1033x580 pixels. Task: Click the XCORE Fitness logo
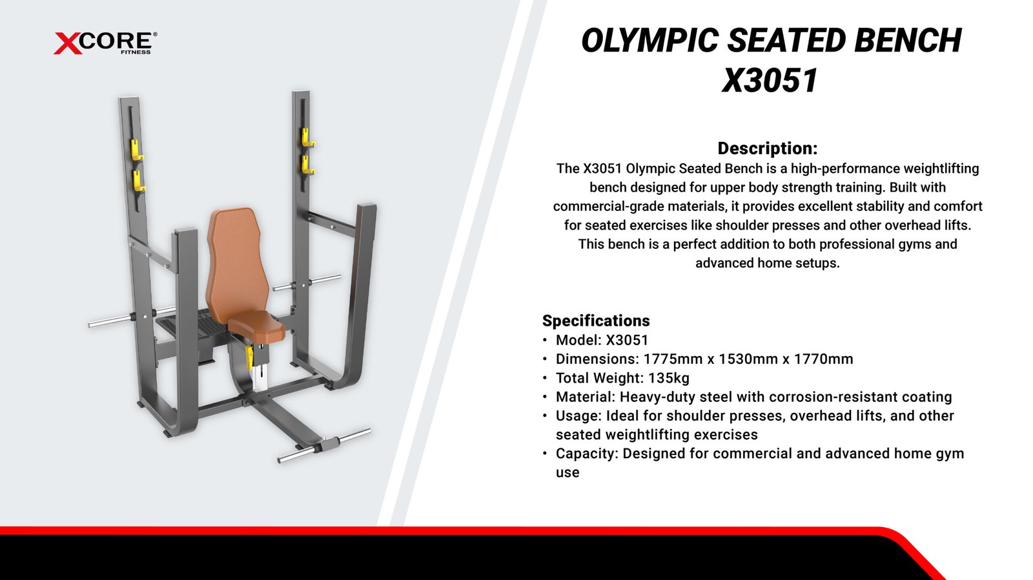click(x=105, y=43)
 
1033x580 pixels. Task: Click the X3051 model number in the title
click(x=770, y=81)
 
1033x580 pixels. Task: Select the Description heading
click(x=768, y=148)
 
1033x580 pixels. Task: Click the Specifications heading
click(x=596, y=321)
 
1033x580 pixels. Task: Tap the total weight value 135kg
click(x=669, y=378)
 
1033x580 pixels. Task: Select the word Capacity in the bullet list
click(x=587, y=454)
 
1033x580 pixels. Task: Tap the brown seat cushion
click(x=256, y=326)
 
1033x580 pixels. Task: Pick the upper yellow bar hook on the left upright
click(x=137, y=150)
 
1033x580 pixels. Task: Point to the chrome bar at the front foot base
click(x=324, y=445)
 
